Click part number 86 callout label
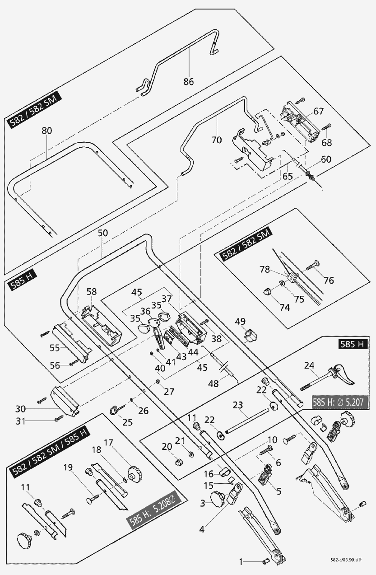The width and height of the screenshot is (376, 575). (188, 82)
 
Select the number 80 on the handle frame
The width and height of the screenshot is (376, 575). (47, 131)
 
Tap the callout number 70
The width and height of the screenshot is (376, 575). (216, 140)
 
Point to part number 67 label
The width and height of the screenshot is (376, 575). (319, 111)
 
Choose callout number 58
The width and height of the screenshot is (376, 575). (92, 292)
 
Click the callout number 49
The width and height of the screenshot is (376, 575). (240, 321)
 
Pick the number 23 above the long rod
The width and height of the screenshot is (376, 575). (238, 405)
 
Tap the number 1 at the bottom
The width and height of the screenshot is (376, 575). (241, 561)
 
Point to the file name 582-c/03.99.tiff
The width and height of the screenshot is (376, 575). (345, 559)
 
